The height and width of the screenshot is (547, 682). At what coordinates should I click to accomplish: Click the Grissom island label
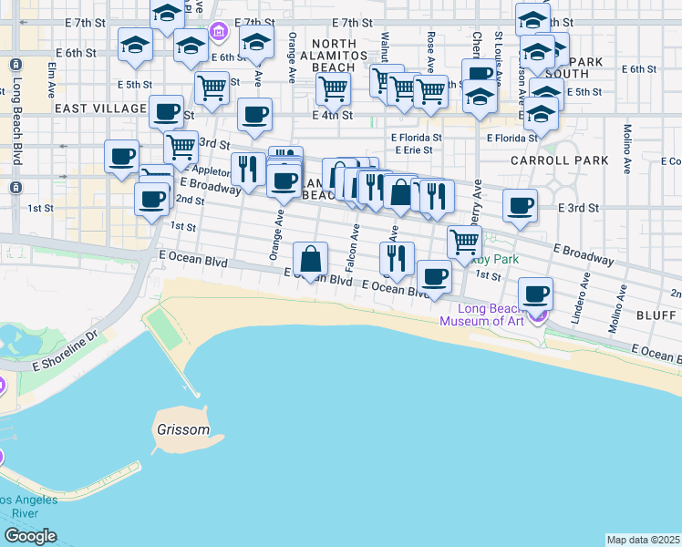click(x=182, y=429)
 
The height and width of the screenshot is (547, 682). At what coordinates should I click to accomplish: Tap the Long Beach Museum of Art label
click(x=483, y=315)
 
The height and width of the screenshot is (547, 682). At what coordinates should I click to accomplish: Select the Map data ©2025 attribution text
click(x=643, y=540)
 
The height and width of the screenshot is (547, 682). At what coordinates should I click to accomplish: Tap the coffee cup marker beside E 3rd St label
click(x=520, y=206)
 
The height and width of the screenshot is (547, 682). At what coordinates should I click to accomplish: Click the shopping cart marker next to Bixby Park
click(x=465, y=243)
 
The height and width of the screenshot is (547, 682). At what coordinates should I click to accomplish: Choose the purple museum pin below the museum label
click(x=539, y=317)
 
